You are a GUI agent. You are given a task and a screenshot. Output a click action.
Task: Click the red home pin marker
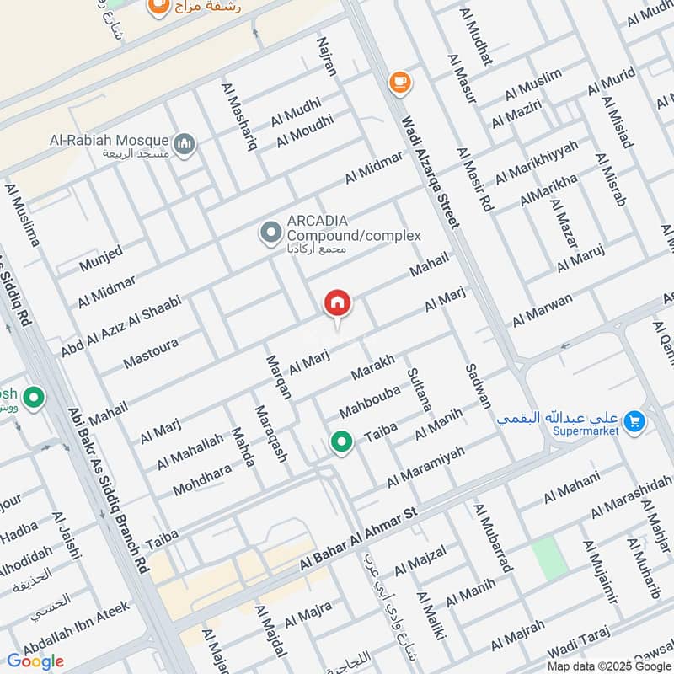(x=338, y=304)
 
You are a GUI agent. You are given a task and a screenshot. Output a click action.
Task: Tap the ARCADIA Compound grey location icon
(x=270, y=233)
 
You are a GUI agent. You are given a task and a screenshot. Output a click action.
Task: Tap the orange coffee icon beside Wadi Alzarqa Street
(x=399, y=82)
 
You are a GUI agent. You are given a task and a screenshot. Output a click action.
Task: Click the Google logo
(x=35, y=661)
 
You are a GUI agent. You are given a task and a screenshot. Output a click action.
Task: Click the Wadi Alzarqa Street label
(x=431, y=172)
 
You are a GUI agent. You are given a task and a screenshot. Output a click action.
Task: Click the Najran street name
(x=327, y=56)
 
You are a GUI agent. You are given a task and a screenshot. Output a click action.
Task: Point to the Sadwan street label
(x=478, y=387)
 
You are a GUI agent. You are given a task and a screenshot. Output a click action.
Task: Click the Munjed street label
(x=101, y=258)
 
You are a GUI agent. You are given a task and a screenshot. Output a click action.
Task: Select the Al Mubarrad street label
(x=493, y=538)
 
